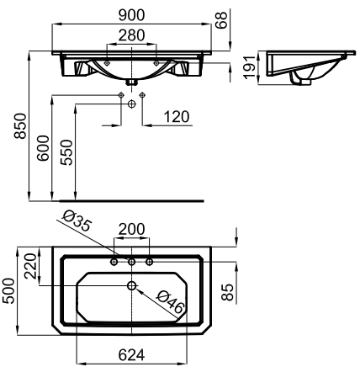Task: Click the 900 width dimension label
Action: pos(131,15)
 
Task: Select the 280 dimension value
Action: pos(131,35)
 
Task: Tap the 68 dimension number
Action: pos(221,20)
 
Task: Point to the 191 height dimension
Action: pos(250,67)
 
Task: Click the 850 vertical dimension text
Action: pos(20,126)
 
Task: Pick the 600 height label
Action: pos(44,148)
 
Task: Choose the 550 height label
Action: pos(67,152)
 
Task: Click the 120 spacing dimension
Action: pos(177,117)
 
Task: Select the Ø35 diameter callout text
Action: pos(77,221)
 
